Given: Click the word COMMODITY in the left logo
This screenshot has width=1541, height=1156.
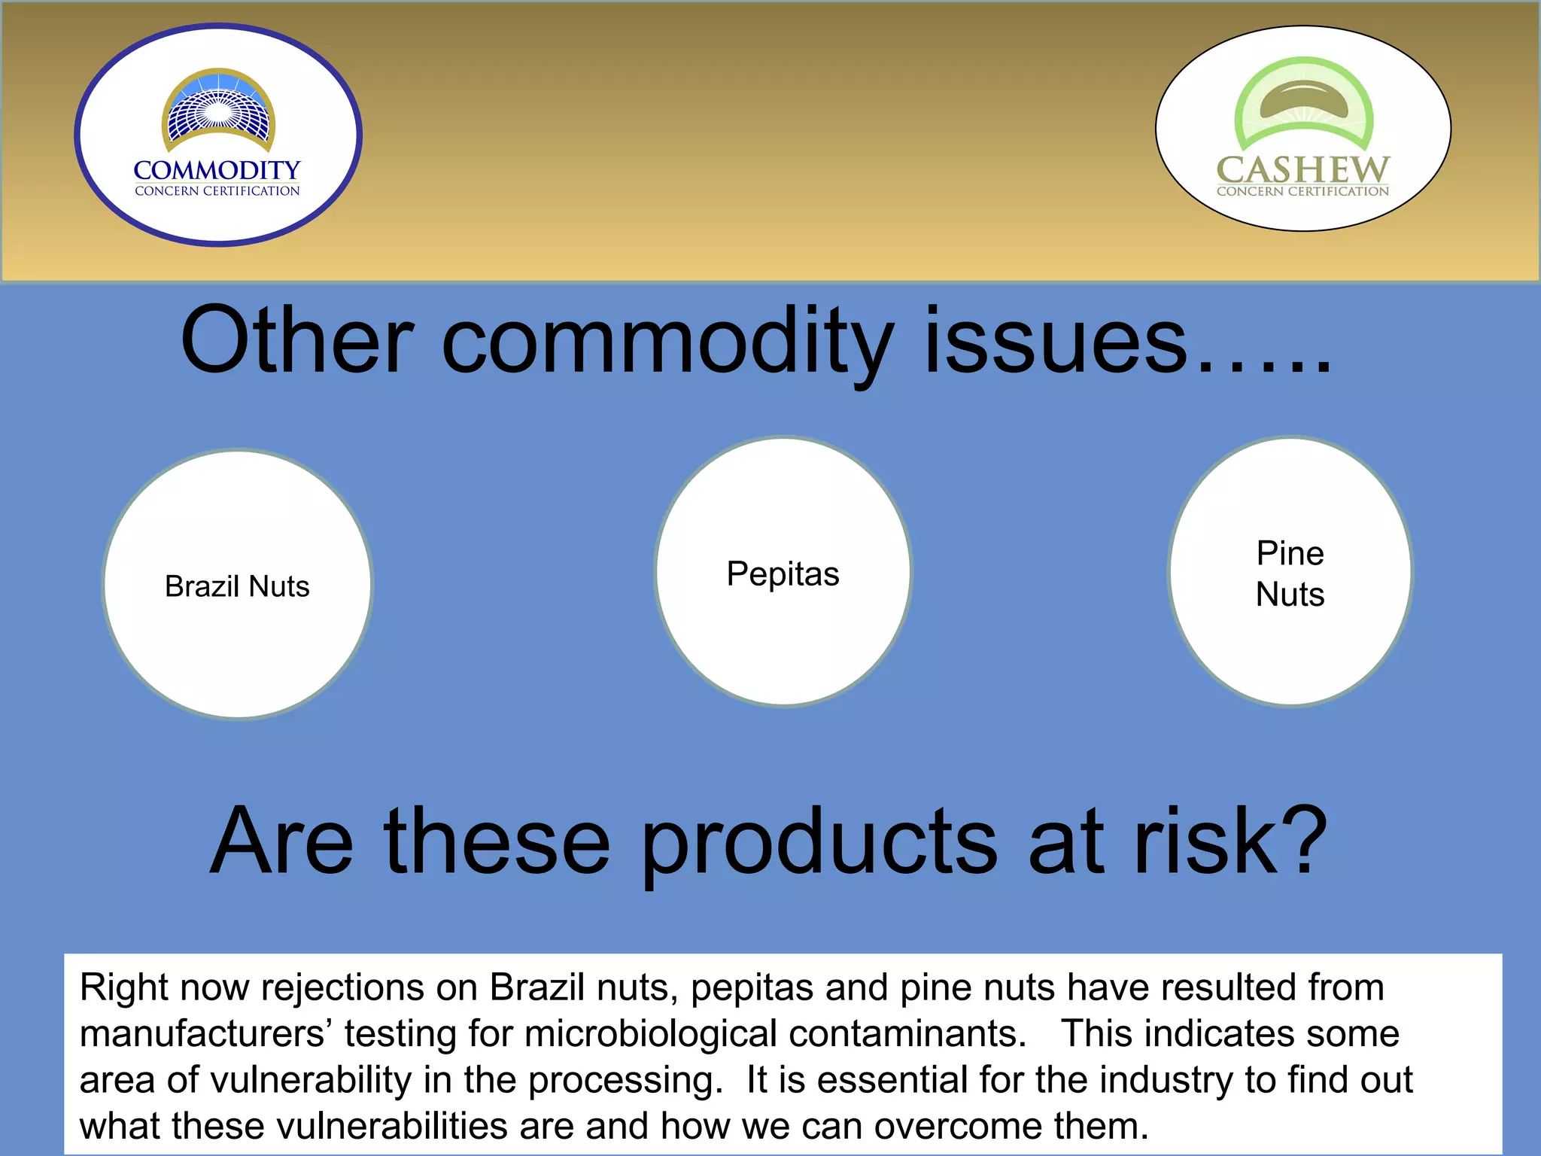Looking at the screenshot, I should pyautogui.click(x=217, y=170).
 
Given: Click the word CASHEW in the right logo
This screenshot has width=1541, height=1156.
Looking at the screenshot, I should pyautogui.click(x=1302, y=169).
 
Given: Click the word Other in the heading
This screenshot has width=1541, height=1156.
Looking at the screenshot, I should pyautogui.click(x=297, y=340).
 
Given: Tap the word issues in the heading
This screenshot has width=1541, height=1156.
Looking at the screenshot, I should pyautogui.click(x=1055, y=340).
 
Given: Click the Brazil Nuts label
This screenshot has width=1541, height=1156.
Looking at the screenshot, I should pyautogui.click(x=237, y=586).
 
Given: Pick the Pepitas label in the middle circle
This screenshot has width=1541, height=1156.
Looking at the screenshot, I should pyautogui.click(x=783, y=574).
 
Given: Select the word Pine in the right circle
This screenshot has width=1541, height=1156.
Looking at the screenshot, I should pyautogui.click(x=1290, y=554).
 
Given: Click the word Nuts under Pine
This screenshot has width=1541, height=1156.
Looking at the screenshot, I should pyautogui.click(x=1290, y=595).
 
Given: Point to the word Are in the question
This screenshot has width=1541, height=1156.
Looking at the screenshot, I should pyautogui.click(x=281, y=841).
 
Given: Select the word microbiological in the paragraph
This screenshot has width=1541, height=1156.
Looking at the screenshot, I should pyautogui.click(x=651, y=1034).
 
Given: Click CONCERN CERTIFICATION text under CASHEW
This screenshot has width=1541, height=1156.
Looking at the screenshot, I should pyautogui.click(x=1302, y=192).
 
